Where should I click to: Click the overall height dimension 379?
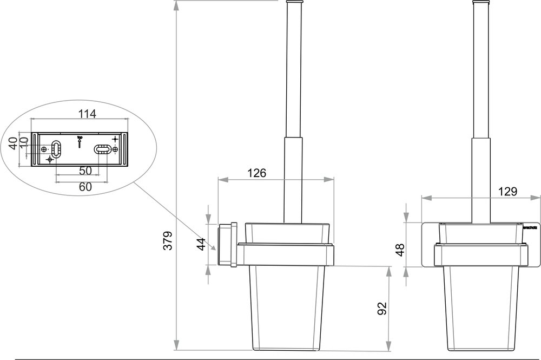pos(168,240)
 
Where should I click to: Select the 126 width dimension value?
pos(257,174)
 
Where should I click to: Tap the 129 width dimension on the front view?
pos(508,191)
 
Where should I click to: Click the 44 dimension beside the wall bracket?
pos(200,244)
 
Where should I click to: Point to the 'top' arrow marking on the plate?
pos(80,141)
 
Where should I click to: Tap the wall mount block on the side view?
pos(227,244)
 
